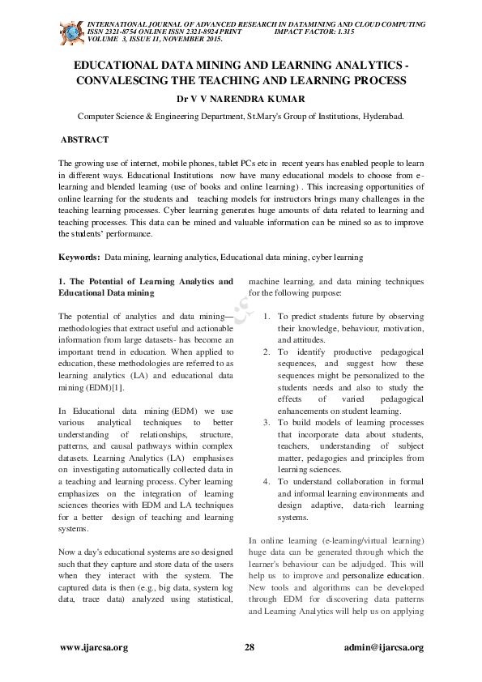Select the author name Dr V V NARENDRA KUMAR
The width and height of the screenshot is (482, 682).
tap(241, 99)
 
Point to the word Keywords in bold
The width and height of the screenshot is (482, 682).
tap(80, 257)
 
